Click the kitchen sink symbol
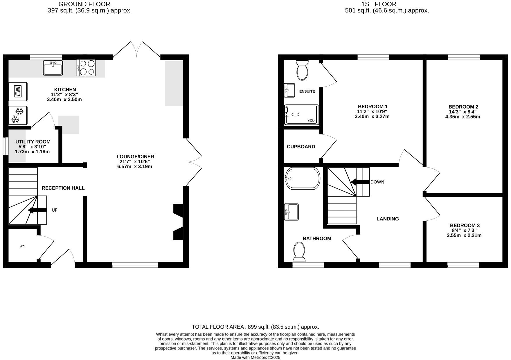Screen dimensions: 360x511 click(53, 68)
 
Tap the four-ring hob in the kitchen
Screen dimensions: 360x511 click(86, 68)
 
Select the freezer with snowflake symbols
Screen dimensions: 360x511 click(18, 115)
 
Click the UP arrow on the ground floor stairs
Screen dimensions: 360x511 click(37, 210)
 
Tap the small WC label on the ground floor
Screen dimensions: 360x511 click(22, 246)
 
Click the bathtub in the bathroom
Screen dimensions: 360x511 click(303, 178)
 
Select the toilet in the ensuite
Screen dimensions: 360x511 click(302, 70)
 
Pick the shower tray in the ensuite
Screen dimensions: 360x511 click(301, 115)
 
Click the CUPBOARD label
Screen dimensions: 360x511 click(301, 147)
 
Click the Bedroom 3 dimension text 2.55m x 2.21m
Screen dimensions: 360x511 click(464, 235)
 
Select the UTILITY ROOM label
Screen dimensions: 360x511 click(33, 142)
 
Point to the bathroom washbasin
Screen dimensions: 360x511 click(291, 212)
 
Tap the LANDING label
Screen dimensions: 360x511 click(388, 219)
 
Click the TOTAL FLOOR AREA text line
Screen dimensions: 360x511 click(255, 327)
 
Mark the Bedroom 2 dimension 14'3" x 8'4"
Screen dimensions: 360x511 click(463, 112)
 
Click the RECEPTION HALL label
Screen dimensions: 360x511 click(63, 188)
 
